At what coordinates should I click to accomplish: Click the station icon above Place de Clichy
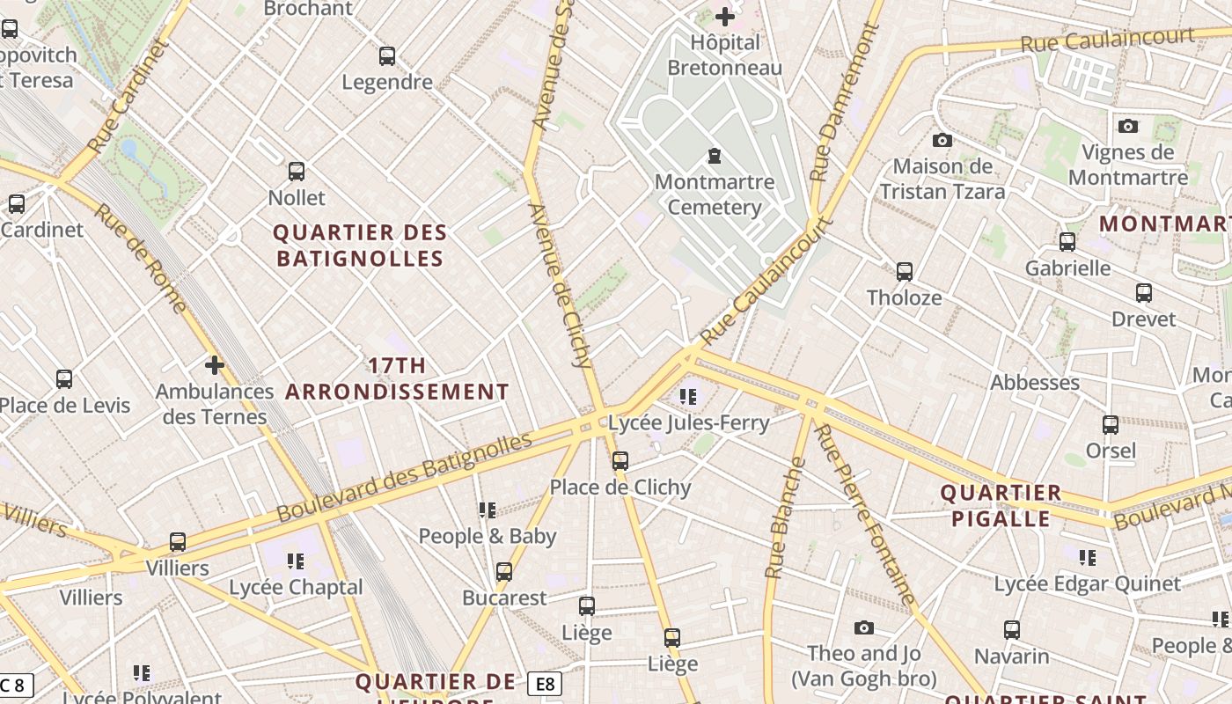[x=620, y=461]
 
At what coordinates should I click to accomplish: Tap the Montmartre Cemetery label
[x=714, y=195]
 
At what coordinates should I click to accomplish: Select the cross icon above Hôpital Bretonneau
[x=725, y=17]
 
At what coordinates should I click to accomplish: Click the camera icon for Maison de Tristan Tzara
[x=942, y=140]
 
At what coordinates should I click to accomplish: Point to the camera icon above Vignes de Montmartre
[x=1128, y=126]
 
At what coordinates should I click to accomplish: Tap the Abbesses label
[x=1035, y=383]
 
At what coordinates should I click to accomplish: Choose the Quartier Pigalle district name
[x=1001, y=505]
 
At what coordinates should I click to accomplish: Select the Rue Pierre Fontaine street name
[x=866, y=514]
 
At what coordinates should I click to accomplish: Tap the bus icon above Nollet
[x=297, y=172]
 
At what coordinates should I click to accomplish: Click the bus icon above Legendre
[x=387, y=56]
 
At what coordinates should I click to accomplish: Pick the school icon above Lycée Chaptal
[x=296, y=561]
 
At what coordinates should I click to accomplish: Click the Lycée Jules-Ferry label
[x=689, y=423]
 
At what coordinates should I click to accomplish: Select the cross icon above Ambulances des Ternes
[x=214, y=364]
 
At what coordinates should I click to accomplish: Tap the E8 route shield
[x=545, y=684]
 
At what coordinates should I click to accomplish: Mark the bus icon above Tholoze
[x=904, y=272]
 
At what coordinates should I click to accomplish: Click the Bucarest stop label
[x=504, y=598]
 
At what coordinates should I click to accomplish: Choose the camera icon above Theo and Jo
[x=864, y=627]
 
